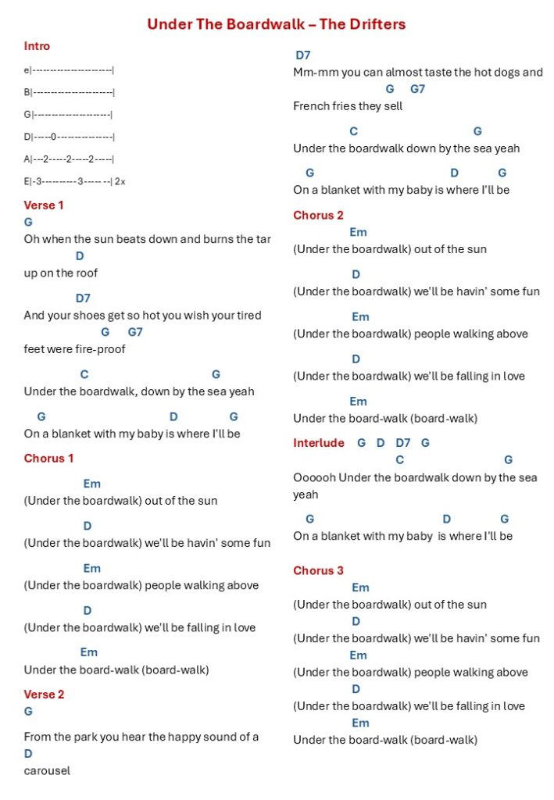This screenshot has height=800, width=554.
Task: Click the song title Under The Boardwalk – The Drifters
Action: click(x=277, y=24)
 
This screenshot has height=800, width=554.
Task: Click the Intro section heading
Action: click(x=38, y=46)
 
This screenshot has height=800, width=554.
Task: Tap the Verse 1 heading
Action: click(x=44, y=205)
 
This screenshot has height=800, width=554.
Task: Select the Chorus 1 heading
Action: click(x=48, y=459)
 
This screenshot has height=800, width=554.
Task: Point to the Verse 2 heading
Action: click(x=44, y=695)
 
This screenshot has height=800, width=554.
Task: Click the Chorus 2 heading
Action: click(x=318, y=216)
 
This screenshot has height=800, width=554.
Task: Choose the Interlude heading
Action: click(x=319, y=443)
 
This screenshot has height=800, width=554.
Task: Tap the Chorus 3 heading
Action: click(x=318, y=571)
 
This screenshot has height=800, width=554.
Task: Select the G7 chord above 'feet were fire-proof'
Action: click(x=135, y=332)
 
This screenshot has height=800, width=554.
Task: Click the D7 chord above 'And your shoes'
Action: click(x=83, y=298)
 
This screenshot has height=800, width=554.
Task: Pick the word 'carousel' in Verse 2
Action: click(x=47, y=771)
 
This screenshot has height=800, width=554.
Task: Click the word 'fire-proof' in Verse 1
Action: click(x=99, y=349)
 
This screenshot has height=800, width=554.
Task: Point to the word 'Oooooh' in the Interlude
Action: click(x=314, y=477)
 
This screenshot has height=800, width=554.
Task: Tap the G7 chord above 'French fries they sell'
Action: click(x=417, y=89)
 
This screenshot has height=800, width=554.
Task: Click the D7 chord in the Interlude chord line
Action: click(x=403, y=443)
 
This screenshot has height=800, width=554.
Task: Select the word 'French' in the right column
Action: click(x=311, y=106)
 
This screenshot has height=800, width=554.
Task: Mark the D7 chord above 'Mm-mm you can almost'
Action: click(x=303, y=55)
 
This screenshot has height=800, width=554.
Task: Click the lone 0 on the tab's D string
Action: click(x=54, y=137)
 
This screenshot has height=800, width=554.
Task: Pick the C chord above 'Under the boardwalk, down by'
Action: click(x=84, y=374)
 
